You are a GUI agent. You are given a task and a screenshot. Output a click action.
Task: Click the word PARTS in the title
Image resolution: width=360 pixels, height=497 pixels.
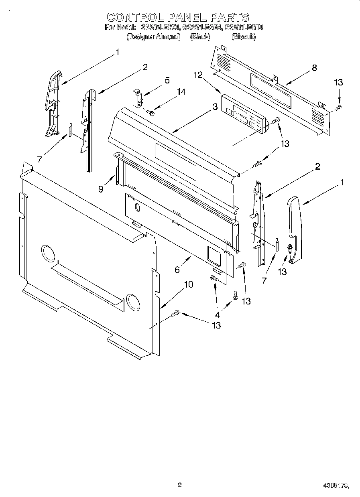pyautogui.click(x=230, y=17)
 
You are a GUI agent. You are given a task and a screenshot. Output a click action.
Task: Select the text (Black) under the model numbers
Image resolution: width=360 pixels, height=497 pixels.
pyautogui.click(x=200, y=37)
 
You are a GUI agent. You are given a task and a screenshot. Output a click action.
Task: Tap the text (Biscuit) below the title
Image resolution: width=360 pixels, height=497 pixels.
pyautogui.click(x=244, y=37)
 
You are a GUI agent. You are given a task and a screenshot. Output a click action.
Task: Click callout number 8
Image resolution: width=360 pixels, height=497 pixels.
pyautogui.click(x=314, y=68)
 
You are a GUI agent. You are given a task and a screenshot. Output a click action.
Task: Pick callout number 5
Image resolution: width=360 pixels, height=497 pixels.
pyautogui.click(x=167, y=80)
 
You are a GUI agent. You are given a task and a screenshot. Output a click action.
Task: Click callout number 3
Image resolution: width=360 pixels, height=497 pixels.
pyautogui.click(x=215, y=107)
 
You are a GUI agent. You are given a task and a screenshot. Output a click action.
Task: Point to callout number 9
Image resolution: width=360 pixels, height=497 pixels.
pyautogui.click(x=101, y=189)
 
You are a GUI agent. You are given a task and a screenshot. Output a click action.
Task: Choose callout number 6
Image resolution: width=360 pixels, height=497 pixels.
pyautogui.click(x=177, y=270)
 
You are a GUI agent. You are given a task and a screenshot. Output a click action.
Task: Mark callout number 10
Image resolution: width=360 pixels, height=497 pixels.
pyautogui.click(x=188, y=284)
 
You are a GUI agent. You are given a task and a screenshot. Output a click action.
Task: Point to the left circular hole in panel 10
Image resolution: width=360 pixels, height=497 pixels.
pyautogui.click(x=47, y=254)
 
